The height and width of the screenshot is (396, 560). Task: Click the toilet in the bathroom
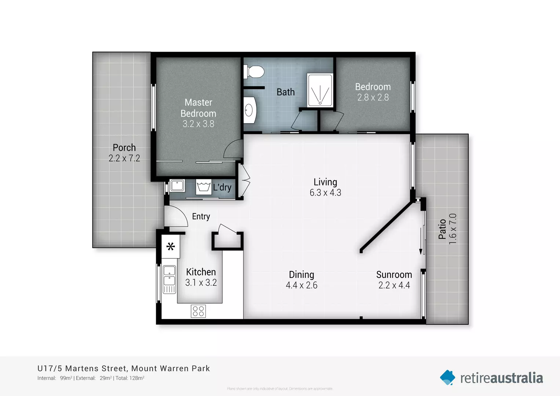point(255,72)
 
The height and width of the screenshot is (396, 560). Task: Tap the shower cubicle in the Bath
point(320,91)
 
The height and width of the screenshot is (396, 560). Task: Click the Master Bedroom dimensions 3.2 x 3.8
point(198,124)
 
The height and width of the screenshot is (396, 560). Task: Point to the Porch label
point(124,147)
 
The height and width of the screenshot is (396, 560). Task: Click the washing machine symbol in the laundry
point(203,187)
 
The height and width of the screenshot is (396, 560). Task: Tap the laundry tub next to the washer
point(177,186)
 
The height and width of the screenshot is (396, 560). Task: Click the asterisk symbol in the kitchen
point(171,246)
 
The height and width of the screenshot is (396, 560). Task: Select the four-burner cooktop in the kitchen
point(198,311)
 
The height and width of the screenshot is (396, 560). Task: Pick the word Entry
point(201,216)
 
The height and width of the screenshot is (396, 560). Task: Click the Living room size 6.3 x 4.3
point(325,193)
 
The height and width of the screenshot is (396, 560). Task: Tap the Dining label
point(301,275)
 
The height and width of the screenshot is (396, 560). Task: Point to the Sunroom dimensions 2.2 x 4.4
point(394,285)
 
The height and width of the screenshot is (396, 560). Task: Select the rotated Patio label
point(442,229)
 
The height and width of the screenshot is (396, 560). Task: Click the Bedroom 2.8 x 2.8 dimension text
point(373,98)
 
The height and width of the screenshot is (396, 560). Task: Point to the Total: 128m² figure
point(130,378)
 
